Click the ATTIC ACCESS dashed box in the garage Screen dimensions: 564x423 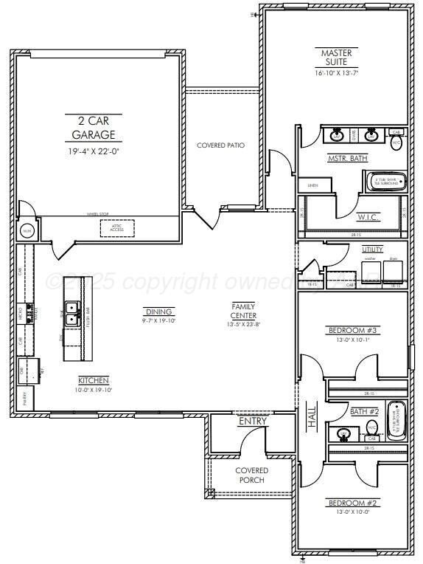pos(116,229)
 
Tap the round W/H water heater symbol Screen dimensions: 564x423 pos(28,230)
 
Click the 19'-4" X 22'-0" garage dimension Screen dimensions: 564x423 pos(94,151)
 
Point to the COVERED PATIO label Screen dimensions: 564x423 pos(220,145)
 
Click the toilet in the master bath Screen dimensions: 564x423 pos(396,142)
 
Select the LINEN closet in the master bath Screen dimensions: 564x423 pos(312,185)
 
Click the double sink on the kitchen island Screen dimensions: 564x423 pos(72,314)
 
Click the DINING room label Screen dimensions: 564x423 pos(158,312)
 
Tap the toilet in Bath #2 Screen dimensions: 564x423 pos(372,427)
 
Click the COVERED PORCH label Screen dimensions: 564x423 pos(252,475)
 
